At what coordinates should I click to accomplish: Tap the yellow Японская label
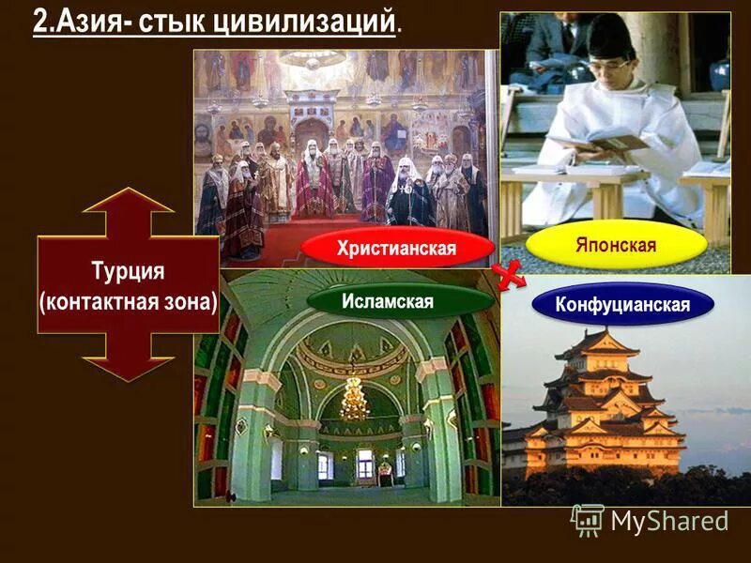616,245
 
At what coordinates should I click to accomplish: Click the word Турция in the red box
129,271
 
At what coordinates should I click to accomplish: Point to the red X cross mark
508,274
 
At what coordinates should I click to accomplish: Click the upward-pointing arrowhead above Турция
129,202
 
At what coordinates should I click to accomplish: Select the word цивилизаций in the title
314,22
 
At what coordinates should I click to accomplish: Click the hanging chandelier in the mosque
354,398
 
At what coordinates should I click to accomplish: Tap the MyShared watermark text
668,520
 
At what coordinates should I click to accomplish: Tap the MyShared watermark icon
588,519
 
